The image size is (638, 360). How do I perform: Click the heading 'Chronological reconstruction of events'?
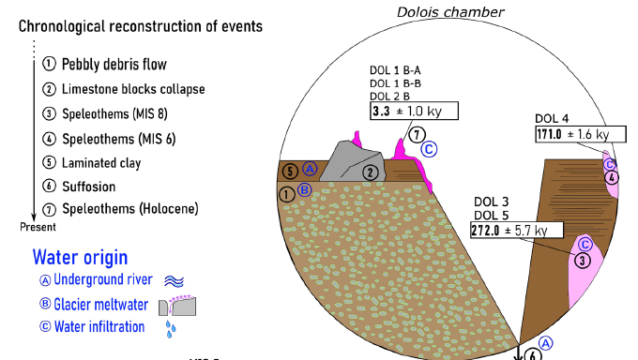pyautogui.click(x=141, y=25)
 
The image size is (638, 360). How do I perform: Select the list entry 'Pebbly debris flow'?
pyautogui.click(x=114, y=65)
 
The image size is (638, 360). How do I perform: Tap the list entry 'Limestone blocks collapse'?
pyautogui.click(x=132, y=89)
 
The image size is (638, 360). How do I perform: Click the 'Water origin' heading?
pyautogui.click(x=81, y=257)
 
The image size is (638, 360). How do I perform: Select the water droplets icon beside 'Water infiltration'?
pyautogui.click(x=171, y=328)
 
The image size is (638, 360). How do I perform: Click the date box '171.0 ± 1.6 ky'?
pyautogui.click(x=572, y=135)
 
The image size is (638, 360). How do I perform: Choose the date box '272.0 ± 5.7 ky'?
pyautogui.click(x=515, y=230)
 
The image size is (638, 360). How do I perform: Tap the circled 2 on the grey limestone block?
pyautogui.click(x=371, y=172)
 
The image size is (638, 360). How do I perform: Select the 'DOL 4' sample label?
pyautogui.click(x=552, y=118)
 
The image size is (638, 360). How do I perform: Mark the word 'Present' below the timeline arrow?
pyautogui.click(x=38, y=227)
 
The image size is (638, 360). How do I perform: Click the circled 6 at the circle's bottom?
pyautogui.click(x=534, y=353)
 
